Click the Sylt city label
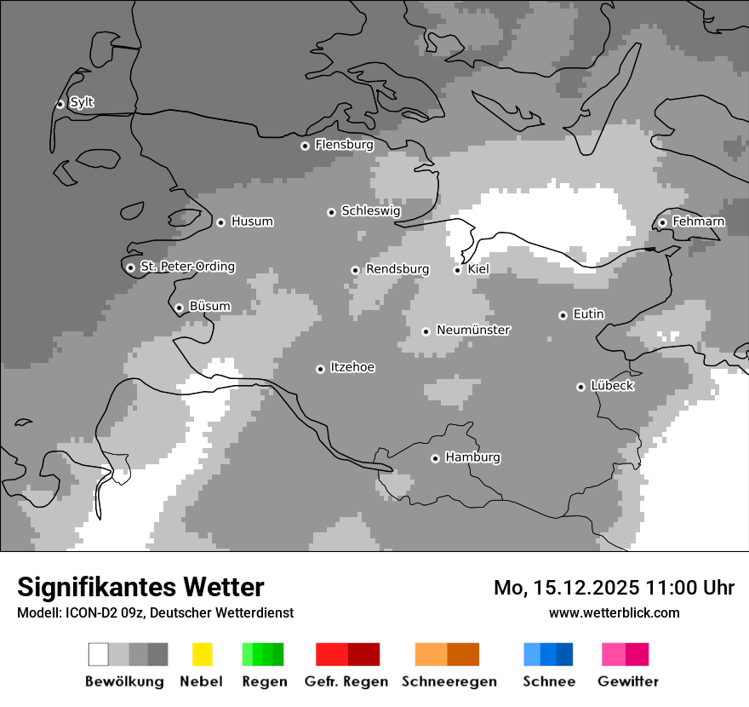[82, 102]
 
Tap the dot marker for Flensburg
[305, 146]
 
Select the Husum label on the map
[252, 221]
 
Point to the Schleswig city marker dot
[331, 212]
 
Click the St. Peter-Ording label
[187, 267]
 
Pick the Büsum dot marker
[179, 308]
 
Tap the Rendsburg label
[397, 269]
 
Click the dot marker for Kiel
[457, 270]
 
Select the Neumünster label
[473, 330]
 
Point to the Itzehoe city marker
[320, 369]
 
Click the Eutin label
[588, 314]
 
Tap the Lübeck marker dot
[580, 387]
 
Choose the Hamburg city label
[472, 457]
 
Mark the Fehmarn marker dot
[662, 222]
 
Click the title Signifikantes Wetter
[140, 587]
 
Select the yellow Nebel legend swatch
[202, 654]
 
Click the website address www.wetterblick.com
[614, 612]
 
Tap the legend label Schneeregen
[449, 681]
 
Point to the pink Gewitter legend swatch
[615, 654]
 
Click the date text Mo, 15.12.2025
[565, 588]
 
